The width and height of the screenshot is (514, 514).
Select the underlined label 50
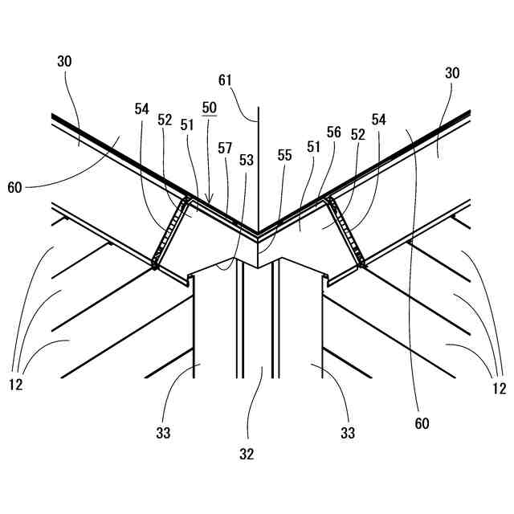[209, 107]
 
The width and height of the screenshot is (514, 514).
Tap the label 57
[225, 148]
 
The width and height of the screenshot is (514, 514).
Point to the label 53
[246, 160]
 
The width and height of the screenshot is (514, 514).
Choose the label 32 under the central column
[246, 454]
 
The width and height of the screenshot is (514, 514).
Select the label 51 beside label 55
[314, 147]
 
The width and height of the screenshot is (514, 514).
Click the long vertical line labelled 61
[257, 161]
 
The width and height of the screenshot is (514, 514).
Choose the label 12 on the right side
[499, 389]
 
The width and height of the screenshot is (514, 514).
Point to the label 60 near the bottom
[422, 422]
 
